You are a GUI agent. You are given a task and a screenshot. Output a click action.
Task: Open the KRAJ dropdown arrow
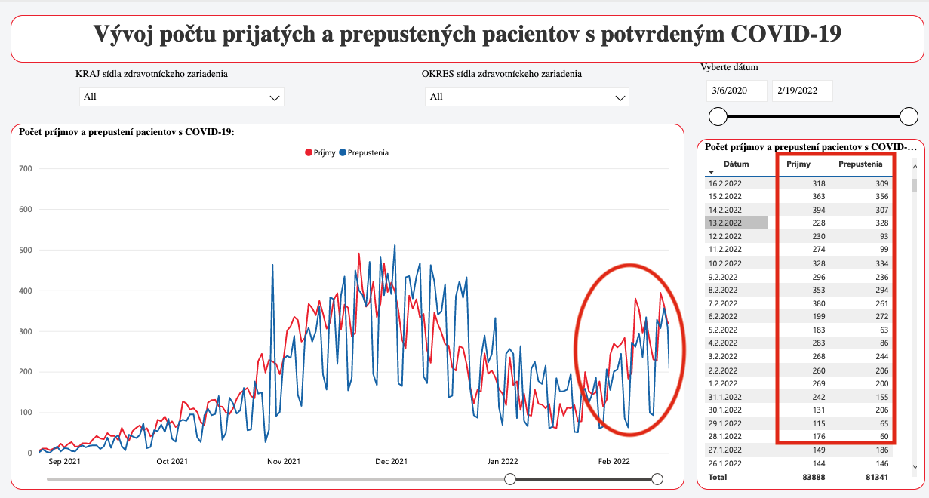coord(275,97)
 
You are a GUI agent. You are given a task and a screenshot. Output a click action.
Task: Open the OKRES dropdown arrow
coord(620,97)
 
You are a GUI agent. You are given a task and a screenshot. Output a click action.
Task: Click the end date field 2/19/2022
coord(802,91)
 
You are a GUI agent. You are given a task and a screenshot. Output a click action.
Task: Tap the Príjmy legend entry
coord(320,152)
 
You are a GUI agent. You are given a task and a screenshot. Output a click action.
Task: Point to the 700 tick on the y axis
coord(25,168)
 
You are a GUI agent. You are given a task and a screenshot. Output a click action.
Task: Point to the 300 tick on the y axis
coord(25,331)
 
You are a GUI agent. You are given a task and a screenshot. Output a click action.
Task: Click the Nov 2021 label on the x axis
coord(284,461)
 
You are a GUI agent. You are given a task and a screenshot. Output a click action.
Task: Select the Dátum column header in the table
coord(736,164)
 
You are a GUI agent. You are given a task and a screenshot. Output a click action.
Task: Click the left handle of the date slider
coord(718,116)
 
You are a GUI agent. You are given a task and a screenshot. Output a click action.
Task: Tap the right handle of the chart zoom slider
coord(657,479)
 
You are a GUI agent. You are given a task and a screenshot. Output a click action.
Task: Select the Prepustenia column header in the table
coord(860,164)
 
